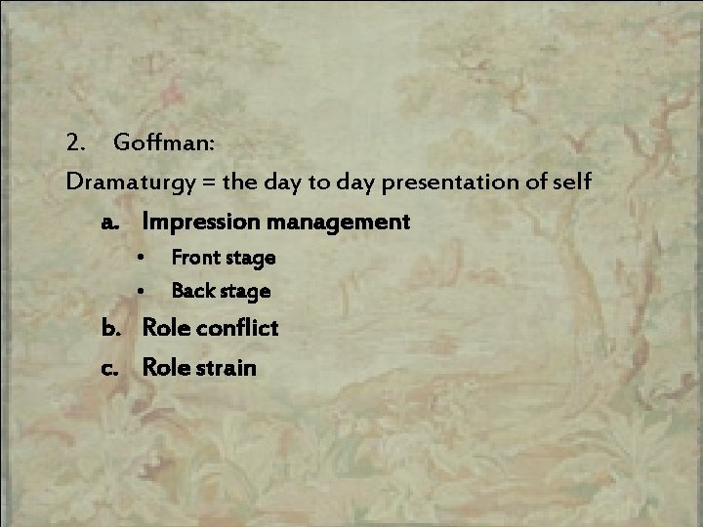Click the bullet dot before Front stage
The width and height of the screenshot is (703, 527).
142,259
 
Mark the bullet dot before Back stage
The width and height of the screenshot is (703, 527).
142,292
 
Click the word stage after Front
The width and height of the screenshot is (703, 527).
250,259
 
